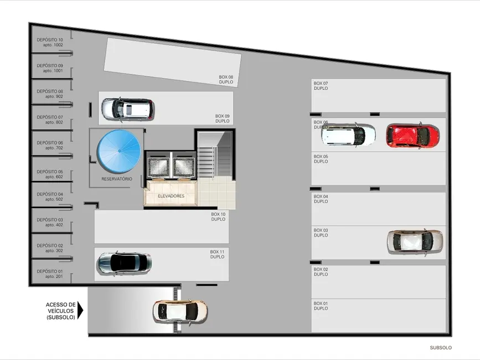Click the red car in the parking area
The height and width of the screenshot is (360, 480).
412,136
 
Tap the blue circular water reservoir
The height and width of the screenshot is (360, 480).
118,151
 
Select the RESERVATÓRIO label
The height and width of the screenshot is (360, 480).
117,179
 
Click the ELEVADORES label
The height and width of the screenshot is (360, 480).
171,196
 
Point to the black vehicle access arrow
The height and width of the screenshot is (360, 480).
80,310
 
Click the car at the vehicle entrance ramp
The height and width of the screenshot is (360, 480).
180,312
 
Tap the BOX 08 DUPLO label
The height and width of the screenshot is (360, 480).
226,80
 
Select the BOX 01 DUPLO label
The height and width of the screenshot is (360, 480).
321,306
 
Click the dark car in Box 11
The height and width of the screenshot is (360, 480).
125,263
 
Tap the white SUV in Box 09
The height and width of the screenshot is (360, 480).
127,109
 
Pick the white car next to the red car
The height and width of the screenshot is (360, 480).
348,135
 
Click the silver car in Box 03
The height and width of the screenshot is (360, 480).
415,241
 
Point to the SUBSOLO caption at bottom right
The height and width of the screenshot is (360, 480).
441,348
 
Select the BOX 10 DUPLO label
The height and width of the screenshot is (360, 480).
218,217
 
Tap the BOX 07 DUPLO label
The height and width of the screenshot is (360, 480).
321,86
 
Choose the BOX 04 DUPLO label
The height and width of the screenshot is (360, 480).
321,199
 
